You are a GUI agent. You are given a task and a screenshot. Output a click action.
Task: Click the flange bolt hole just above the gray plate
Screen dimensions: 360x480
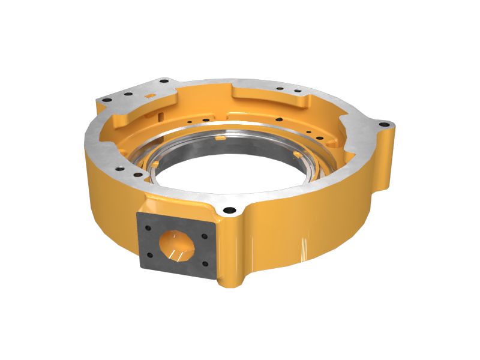pyautogui.click(x=229, y=211)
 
